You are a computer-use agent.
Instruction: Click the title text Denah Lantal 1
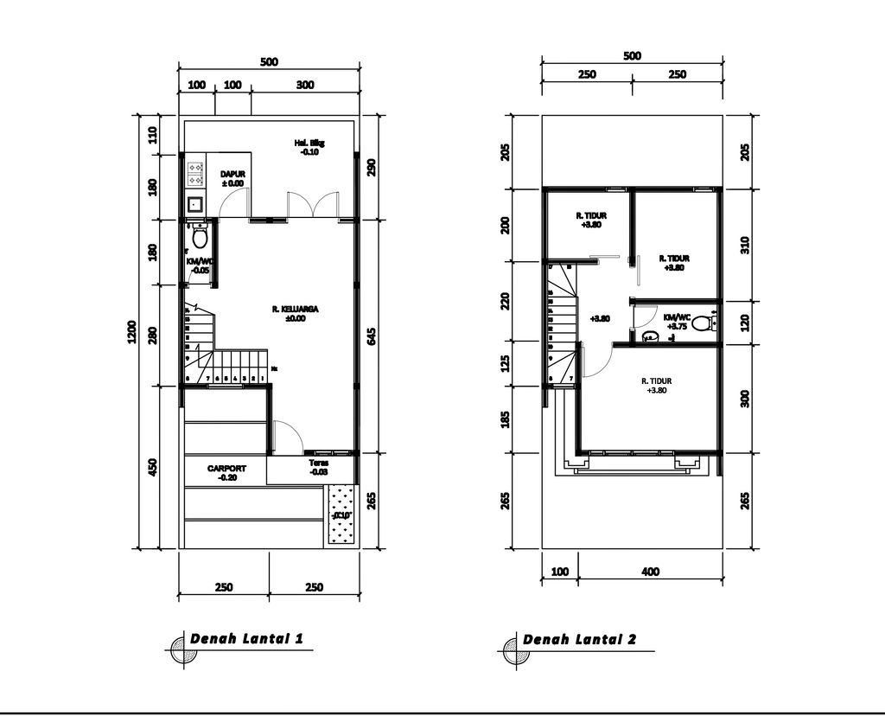tap(246, 640)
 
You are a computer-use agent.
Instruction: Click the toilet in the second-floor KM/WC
tap(701, 324)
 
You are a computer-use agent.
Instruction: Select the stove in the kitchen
tap(195, 172)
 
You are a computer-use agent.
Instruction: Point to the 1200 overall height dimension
tap(132, 331)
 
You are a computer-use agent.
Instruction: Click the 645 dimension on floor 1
tap(372, 336)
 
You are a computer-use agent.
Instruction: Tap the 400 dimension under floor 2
tap(651, 572)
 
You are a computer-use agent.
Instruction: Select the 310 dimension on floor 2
tap(745, 245)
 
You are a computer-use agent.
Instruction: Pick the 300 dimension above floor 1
tap(305, 85)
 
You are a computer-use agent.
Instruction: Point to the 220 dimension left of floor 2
tap(505, 300)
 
